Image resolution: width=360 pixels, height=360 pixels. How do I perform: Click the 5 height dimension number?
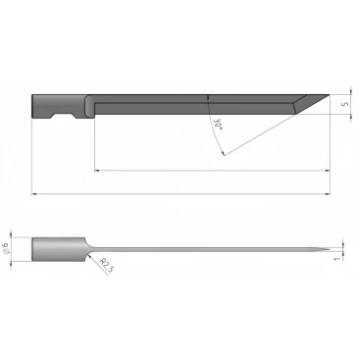click(345, 104)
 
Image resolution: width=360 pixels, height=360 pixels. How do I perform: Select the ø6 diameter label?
click(5, 248)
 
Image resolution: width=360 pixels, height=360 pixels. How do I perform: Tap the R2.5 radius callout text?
click(107, 265)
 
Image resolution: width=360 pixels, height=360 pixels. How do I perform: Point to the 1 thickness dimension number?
click(337, 258)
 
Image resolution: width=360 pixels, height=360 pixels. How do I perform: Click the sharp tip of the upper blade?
click(330, 95)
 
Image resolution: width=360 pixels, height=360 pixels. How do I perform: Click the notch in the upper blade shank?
click(64, 116)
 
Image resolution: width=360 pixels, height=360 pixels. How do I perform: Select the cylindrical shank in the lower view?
click(59, 249)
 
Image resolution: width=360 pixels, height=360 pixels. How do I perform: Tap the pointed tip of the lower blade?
click(330, 250)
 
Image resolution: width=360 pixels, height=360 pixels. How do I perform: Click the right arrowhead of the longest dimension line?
click(328, 194)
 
